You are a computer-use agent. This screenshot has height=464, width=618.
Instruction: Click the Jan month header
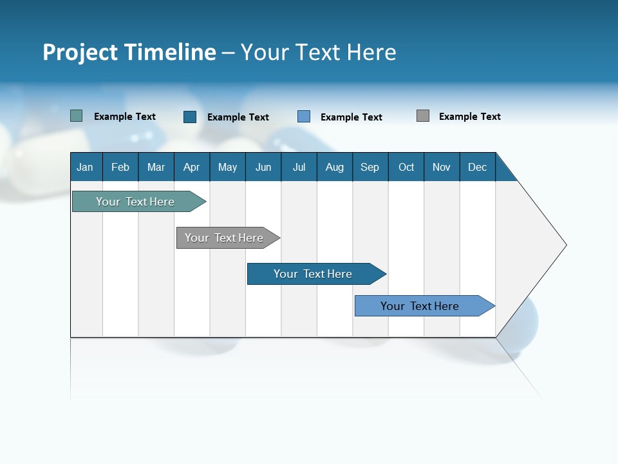tap(86, 167)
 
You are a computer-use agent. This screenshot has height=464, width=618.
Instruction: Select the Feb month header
tap(120, 167)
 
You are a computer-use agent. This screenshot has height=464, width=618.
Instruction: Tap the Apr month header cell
tap(192, 167)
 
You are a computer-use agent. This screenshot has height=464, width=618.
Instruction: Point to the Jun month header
tap(263, 167)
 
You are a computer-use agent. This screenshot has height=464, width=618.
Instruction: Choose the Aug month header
tap(335, 167)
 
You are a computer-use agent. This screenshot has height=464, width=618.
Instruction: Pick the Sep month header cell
tap(370, 167)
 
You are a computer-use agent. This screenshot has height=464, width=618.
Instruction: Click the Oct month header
tap(406, 167)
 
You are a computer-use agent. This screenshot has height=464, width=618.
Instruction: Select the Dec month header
tap(478, 167)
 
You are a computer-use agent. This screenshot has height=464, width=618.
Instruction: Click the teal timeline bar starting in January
tap(135, 202)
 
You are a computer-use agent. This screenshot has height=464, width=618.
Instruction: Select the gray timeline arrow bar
tap(224, 238)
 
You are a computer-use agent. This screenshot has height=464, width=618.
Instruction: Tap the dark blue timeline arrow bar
tap(313, 274)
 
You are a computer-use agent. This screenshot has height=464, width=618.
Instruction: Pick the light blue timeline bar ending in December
tap(420, 306)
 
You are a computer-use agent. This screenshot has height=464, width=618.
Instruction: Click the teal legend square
tap(76, 116)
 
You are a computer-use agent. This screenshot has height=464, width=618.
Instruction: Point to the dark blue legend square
tap(190, 117)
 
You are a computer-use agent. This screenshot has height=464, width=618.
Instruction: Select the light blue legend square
tap(304, 117)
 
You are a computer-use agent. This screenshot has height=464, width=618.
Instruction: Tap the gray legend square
tap(423, 116)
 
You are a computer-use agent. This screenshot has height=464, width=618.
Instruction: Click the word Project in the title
tap(80, 52)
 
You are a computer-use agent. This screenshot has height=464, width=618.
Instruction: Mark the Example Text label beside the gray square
tap(469, 117)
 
